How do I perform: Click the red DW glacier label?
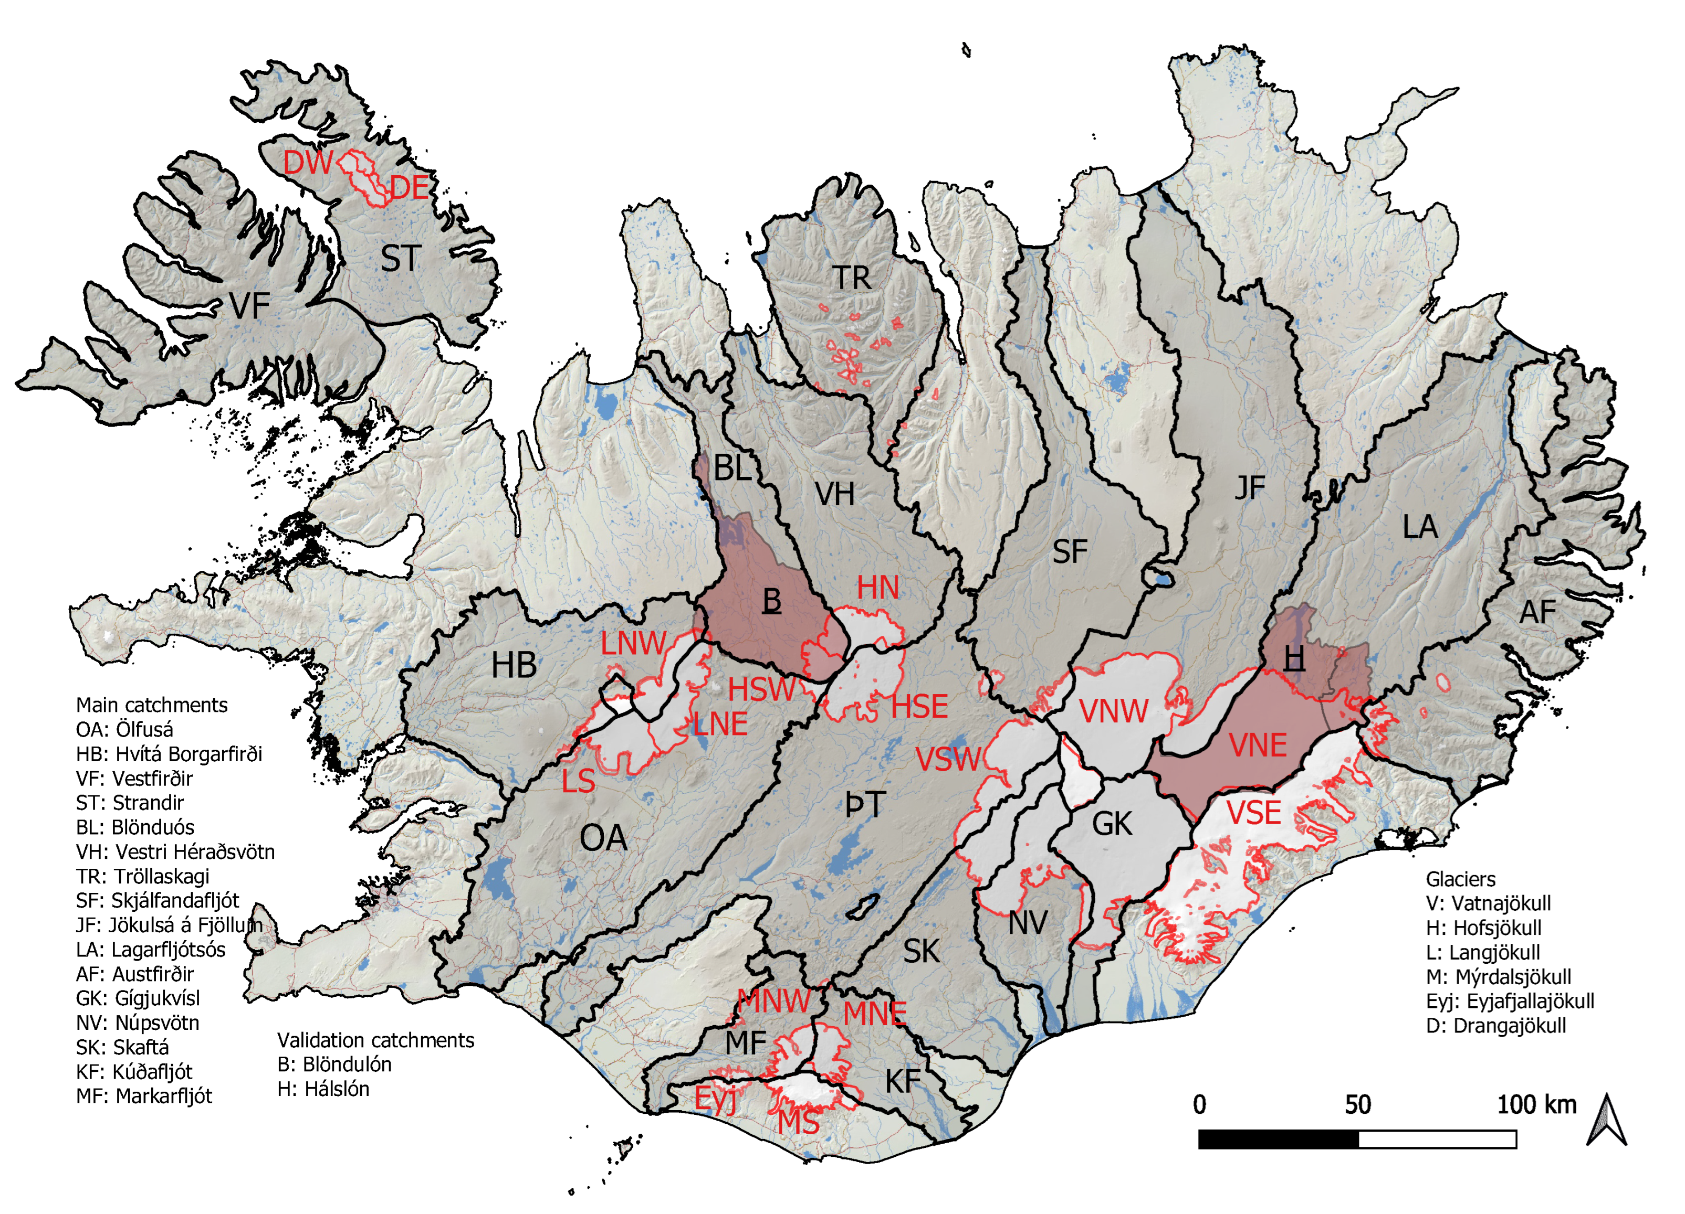pos(308,162)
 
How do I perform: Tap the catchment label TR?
pos(851,279)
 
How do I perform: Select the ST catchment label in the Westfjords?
pos(401,259)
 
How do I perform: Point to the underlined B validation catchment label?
pos(772,600)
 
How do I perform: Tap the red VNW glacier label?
pos(1114,711)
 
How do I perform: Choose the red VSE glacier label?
pos(1253,813)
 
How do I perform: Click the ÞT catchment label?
pos(865,804)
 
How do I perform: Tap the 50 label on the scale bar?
pos(1357,1105)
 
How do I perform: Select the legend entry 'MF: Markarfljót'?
pos(144,1096)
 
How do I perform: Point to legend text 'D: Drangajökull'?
pos(1495,1026)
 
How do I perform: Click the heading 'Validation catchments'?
pos(375,1040)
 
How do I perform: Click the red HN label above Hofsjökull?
pos(877,588)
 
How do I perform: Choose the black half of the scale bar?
pos(1278,1139)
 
